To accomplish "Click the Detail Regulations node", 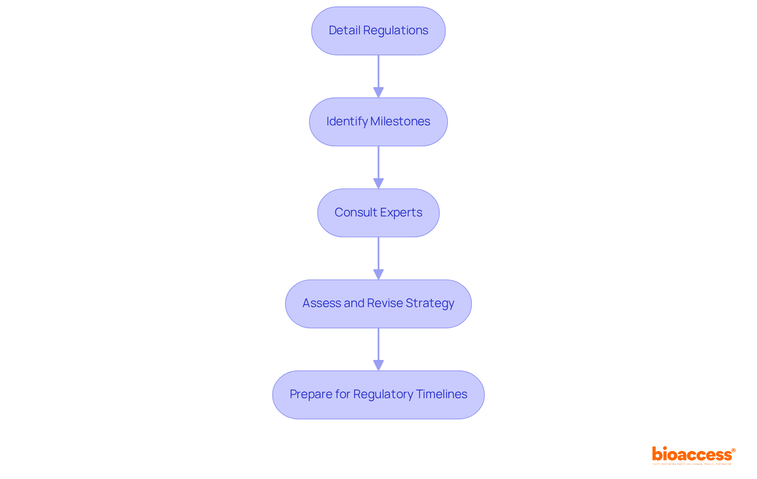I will (x=378, y=31).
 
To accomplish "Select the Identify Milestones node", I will (x=378, y=122).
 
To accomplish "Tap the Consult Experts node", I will (x=378, y=213).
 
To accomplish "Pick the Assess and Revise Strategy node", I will (x=378, y=304).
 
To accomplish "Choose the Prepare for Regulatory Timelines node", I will (x=378, y=395).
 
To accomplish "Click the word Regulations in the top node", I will (x=395, y=30).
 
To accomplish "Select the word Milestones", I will (x=400, y=121).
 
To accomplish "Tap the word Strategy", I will (x=430, y=303).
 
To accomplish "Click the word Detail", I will (x=344, y=30).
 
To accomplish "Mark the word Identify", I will (x=347, y=121).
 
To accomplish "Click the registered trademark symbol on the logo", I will (x=733, y=450).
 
